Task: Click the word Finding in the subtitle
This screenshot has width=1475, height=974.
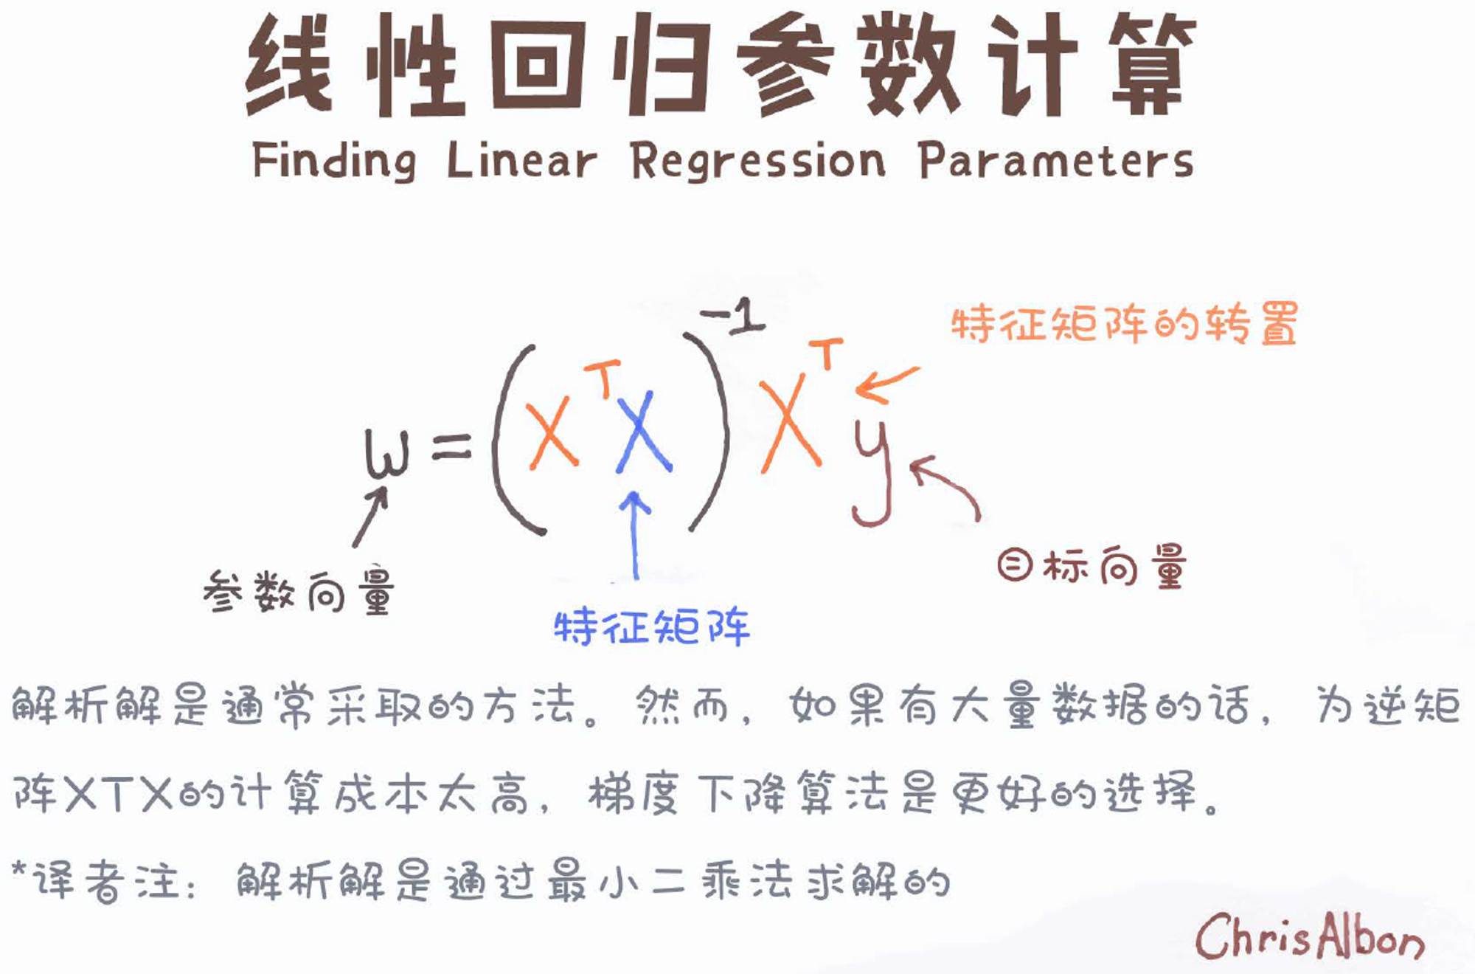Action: point(334,160)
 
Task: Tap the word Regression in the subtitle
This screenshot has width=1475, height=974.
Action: point(758,160)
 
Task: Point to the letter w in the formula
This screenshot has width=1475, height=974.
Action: point(386,453)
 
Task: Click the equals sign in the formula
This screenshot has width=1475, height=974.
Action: point(451,446)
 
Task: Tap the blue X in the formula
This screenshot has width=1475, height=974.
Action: point(644,432)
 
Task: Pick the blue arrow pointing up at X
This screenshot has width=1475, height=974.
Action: point(635,535)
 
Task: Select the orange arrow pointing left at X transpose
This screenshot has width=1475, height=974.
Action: point(887,384)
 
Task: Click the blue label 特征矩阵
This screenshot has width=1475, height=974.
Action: point(652,628)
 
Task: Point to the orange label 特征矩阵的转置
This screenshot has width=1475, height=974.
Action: point(1124,324)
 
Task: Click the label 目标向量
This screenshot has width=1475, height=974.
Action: point(1091,567)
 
